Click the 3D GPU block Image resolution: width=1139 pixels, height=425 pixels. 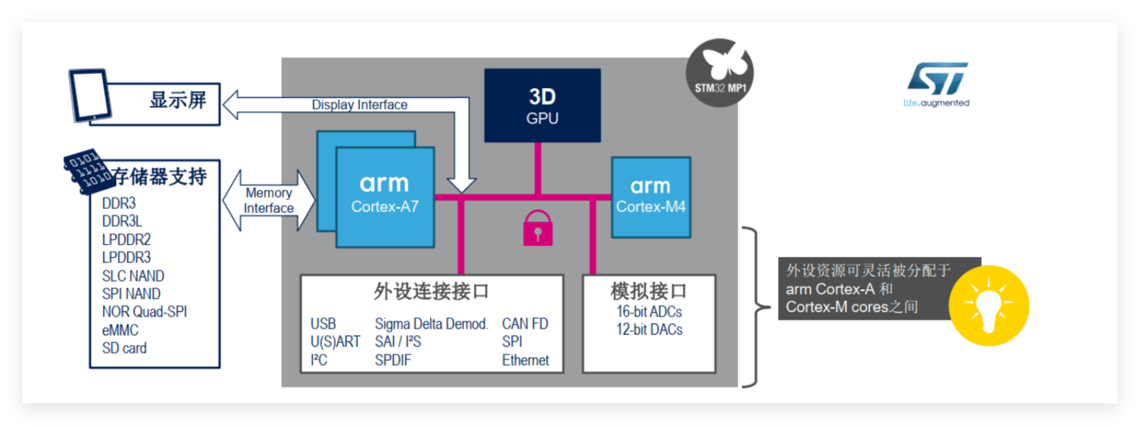(542, 105)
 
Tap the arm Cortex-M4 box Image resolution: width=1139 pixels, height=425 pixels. (650, 197)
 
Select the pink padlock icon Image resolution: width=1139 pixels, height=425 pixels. (537, 229)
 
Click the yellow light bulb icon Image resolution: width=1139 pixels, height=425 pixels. (988, 305)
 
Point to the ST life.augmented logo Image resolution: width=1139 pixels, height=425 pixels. (937, 84)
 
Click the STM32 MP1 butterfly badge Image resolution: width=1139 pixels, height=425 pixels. (720, 73)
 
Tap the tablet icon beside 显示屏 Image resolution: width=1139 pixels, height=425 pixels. (90, 95)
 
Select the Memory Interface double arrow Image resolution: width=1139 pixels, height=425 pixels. (268, 200)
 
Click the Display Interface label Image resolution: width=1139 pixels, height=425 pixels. (359, 104)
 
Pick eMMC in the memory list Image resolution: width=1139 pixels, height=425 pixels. (120, 330)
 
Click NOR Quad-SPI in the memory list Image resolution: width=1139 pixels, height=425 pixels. (144, 312)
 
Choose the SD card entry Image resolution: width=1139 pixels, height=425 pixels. (124, 348)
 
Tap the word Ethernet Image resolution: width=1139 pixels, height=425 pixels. (525, 360)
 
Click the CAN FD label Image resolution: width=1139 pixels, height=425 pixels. (525, 324)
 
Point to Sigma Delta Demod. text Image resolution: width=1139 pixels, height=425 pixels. (431, 324)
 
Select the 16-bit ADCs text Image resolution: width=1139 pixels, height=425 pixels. (649, 312)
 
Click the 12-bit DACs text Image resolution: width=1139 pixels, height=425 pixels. (649, 330)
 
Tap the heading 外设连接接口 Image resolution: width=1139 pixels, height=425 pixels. (431, 291)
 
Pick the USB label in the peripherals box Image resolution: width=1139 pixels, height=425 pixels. (323, 324)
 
